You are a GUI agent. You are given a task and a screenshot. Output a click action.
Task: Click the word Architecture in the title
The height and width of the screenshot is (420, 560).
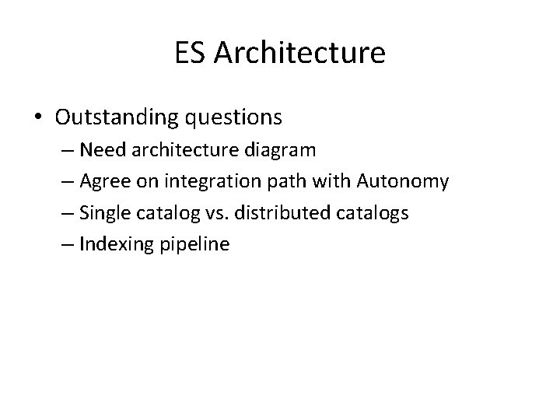tap(299, 53)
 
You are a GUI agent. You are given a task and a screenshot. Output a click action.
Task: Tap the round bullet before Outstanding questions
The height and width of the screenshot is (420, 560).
tap(37, 117)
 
